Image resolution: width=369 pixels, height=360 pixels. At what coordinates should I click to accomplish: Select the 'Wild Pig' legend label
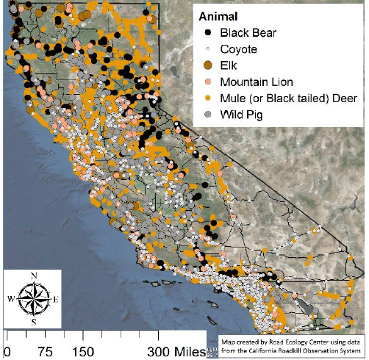click(x=241, y=114)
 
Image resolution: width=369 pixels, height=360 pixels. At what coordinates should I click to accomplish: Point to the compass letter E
click(x=56, y=299)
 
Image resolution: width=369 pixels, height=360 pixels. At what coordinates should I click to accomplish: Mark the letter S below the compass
click(x=33, y=321)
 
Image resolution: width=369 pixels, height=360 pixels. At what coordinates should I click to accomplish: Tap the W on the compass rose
click(x=10, y=299)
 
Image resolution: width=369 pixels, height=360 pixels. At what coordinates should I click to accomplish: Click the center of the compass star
click(x=32, y=298)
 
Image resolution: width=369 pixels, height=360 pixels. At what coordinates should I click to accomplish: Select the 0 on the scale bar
click(x=7, y=352)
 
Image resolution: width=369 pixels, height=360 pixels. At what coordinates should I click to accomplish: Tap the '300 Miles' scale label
click(x=178, y=352)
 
